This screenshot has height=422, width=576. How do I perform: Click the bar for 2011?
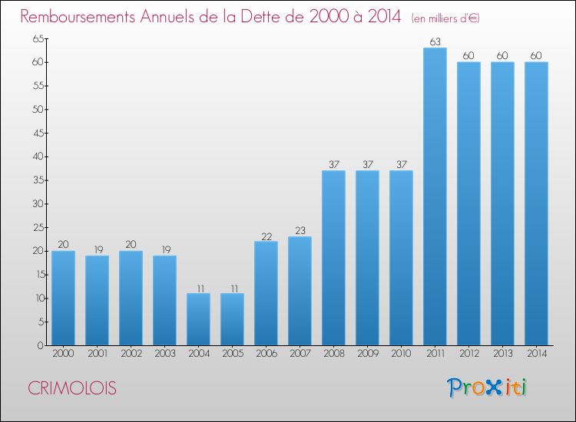(435, 196)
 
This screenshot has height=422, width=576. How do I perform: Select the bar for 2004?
(198, 319)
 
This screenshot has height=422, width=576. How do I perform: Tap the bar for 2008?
(333, 258)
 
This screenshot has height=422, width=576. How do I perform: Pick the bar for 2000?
(63, 298)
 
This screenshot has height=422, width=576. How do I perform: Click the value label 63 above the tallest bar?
(435, 42)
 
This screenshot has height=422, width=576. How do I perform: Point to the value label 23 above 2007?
(300, 230)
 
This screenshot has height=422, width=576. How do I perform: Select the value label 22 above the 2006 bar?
(266, 236)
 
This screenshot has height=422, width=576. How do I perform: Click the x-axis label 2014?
(537, 354)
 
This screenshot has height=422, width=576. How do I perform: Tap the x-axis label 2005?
(233, 354)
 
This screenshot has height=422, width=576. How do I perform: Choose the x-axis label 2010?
(401, 354)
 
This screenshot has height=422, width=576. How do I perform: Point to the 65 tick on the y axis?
(38, 38)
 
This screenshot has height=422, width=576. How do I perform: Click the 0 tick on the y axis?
(41, 345)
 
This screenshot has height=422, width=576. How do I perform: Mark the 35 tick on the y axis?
(38, 180)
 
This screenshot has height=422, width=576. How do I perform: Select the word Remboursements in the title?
(78, 17)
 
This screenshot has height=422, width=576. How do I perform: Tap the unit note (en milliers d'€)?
(445, 18)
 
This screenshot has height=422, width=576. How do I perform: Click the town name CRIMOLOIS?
(72, 388)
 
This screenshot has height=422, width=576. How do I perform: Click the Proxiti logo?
(487, 387)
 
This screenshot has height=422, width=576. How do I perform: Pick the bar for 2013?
(502, 203)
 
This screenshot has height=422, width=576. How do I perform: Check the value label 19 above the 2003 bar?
(166, 249)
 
